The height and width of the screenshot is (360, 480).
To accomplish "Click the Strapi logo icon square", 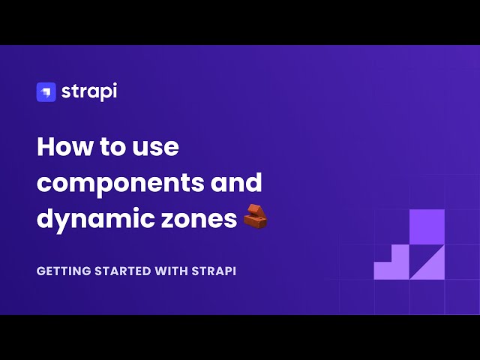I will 46,91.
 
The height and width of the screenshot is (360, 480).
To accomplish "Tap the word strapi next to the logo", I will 90,91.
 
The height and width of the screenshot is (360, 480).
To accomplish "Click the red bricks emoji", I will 256,217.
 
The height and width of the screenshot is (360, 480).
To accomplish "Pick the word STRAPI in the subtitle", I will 215,271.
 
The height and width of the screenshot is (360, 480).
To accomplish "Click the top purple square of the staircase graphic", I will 427,226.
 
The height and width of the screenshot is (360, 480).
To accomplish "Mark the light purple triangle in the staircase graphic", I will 431,266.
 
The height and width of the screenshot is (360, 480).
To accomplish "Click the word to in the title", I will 115,146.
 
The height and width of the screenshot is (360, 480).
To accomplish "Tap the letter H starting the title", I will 46,146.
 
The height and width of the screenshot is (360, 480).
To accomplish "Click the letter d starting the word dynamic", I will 45,219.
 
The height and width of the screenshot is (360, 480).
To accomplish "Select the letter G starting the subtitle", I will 40,271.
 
